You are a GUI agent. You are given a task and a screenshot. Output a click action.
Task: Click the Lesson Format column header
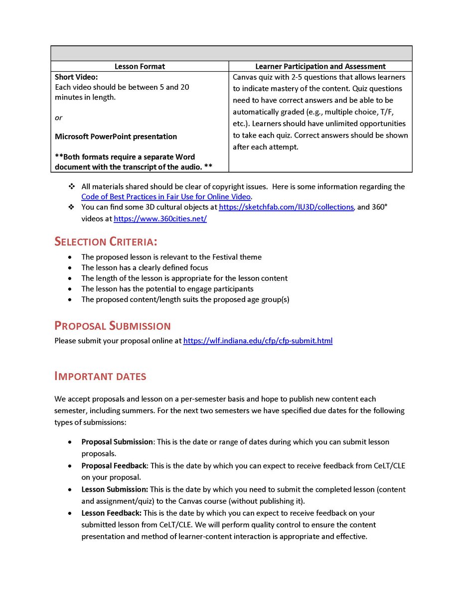click(140, 66)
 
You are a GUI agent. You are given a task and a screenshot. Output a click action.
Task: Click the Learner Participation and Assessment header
click(320, 66)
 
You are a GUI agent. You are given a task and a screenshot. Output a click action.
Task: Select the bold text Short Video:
click(76, 77)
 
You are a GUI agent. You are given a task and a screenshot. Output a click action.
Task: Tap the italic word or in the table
click(58, 118)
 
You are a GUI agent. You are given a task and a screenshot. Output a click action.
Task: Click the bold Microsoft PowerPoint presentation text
click(116, 137)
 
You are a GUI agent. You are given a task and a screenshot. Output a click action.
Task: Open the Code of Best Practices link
click(165, 197)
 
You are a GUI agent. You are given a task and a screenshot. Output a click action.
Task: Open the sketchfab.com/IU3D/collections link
click(286, 207)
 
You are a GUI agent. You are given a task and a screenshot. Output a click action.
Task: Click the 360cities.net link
click(160, 219)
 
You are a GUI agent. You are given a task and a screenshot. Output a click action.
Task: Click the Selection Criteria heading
click(106, 242)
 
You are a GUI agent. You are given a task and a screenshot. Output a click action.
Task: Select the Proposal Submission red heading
click(112, 326)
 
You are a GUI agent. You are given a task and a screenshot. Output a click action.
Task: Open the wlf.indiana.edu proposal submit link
click(258, 341)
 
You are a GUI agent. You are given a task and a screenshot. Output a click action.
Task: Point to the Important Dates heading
click(100, 376)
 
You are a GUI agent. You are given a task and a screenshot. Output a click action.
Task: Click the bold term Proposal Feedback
click(114, 466)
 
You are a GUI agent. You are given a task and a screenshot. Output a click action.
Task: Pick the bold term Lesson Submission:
click(115, 490)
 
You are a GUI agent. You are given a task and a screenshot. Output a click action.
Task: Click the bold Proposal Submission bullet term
click(117, 442)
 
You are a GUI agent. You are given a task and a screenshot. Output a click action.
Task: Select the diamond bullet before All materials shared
click(71, 186)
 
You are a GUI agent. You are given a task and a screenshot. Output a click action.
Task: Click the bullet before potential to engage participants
click(70, 289)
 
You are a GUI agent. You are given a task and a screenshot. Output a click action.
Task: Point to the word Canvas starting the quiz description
click(244, 77)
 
